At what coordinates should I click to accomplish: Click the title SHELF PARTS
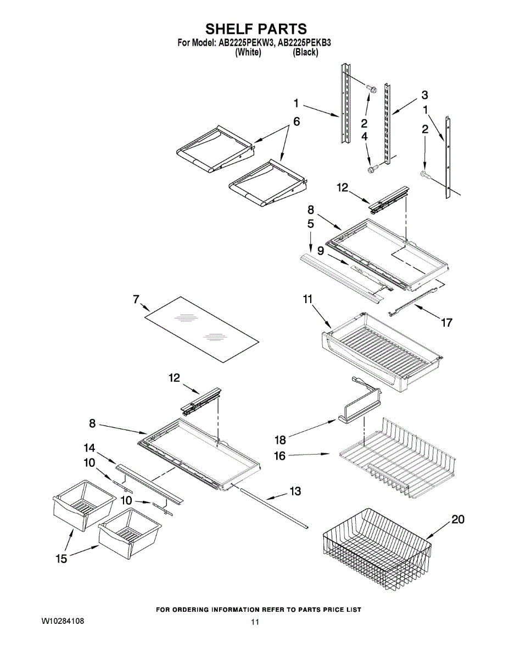(x=256, y=29)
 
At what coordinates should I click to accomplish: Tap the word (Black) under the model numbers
(x=305, y=53)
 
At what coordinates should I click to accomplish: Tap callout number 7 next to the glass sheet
(x=136, y=299)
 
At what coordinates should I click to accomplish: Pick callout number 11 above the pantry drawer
(x=307, y=299)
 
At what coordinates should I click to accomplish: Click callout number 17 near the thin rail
(x=446, y=322)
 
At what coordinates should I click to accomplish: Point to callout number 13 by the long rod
(x=295, y=491)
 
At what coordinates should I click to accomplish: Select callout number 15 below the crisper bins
(x=61, y=559)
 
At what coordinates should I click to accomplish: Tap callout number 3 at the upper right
(x=425, y=95)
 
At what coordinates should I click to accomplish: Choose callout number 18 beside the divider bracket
(x=281, y=440)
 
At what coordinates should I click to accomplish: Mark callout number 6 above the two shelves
(x=297, y=121)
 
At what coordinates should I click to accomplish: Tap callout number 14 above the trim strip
(x=89, y=448)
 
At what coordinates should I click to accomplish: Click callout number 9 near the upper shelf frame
(x=321, y=250)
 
